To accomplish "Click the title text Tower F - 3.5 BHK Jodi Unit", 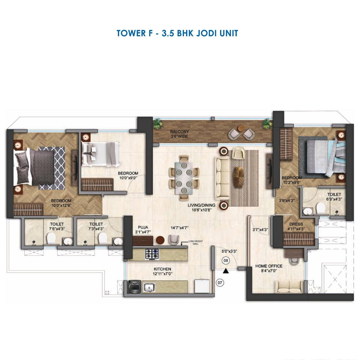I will (177, 33).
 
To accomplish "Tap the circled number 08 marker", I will (226, 261).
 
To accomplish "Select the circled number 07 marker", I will (220, 282).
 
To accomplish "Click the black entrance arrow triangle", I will (226, 271).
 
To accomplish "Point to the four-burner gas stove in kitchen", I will (152, 253).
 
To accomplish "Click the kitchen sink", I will (149, 288).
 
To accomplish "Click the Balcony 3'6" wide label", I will (179, 134).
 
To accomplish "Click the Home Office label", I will (268, 268).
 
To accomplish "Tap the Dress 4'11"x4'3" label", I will (296, 226).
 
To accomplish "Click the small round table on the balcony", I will (240, 129).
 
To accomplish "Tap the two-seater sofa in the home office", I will (289, 287).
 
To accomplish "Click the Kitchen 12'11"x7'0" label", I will (163, 271).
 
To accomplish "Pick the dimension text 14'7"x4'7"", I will (179, 228).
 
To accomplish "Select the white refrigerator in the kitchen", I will (202, 287).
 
